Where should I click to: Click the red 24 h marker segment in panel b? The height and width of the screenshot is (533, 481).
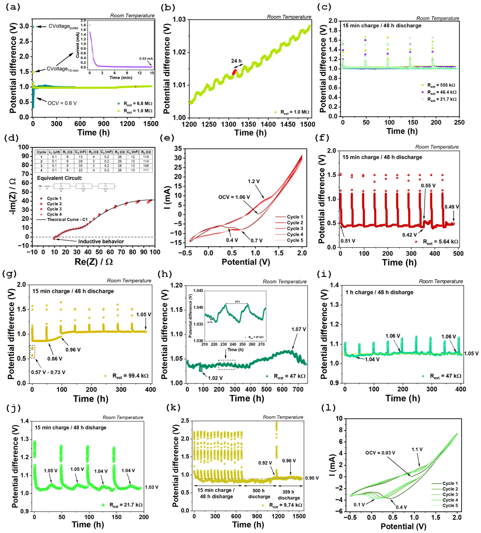(234, 72)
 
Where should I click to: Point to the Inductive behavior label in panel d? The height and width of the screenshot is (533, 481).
(101, 241)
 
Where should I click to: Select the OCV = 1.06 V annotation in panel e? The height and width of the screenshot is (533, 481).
(234, 197)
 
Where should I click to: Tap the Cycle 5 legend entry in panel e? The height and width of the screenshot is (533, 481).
(295, 240)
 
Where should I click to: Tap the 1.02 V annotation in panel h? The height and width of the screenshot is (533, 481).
(215, 378)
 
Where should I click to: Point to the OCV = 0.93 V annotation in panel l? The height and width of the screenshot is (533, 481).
(380, 453)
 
